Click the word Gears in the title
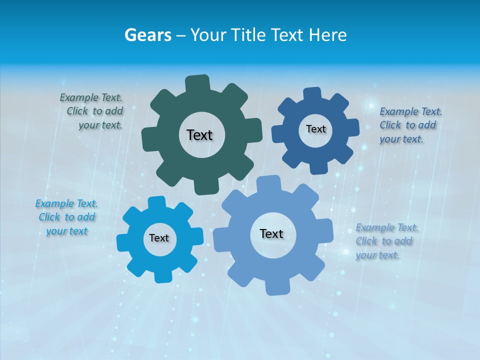pyautogui.click(x=148, y=35)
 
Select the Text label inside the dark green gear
pyautogui.click(x=199, y=135)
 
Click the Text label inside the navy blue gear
pyautogui.click(x=315, y=129)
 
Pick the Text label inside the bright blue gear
pyautogui.click(x=159, y=238)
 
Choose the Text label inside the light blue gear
pyautogui.click(x=271, y=233)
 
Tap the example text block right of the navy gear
pyautogui.click(x=410, y=125)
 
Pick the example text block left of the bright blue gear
pyautogui.click(x=66, y=217)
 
